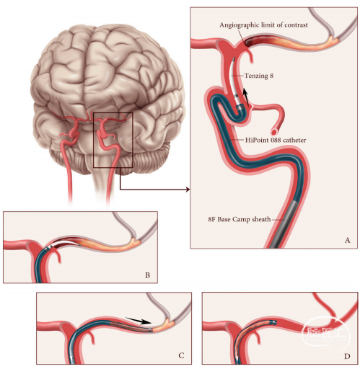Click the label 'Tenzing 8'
[x=259, y=76]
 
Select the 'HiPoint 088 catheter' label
[x=276, y=140]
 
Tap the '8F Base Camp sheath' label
[x=240, y=219]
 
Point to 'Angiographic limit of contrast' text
[x=263, y=25]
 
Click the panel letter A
[x=347, y=240]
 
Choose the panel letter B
[x=148, y=275]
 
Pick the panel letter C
[x=181, y=355]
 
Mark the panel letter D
[x=347, y=356]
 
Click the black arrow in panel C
[x=139, y=321]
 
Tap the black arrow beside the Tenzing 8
[x=246, y=97]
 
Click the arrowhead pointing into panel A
[x=188, y=190]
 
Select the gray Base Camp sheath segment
[x=286, y=224]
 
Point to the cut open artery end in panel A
[x=274, y=132]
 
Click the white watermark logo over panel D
[x=325, y=332]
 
